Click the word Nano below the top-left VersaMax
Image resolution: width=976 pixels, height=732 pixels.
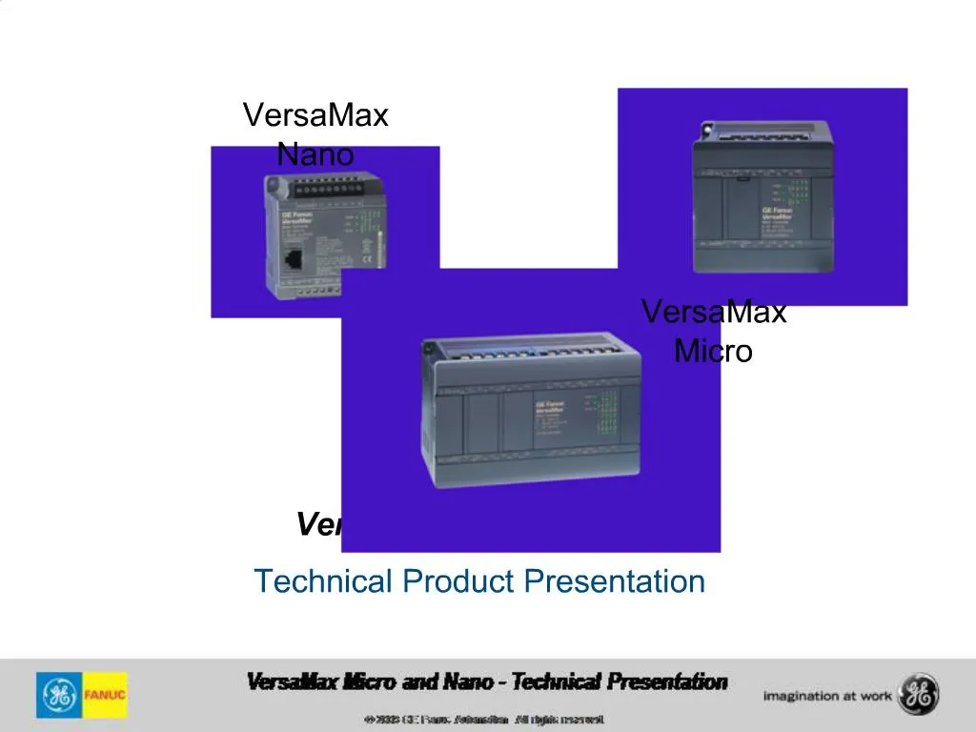[315, 153]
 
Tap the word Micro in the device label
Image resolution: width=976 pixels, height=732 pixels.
[713, 351]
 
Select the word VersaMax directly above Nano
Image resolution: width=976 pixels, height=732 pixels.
[315, 115]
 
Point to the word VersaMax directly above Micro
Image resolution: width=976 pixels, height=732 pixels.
[713, 312]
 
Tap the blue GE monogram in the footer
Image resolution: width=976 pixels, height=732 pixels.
[57, 695]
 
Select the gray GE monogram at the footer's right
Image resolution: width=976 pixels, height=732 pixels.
[921, 695]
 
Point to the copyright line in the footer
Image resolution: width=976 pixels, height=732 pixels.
[483, 719]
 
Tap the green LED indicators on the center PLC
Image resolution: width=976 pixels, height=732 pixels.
[606, 415]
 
